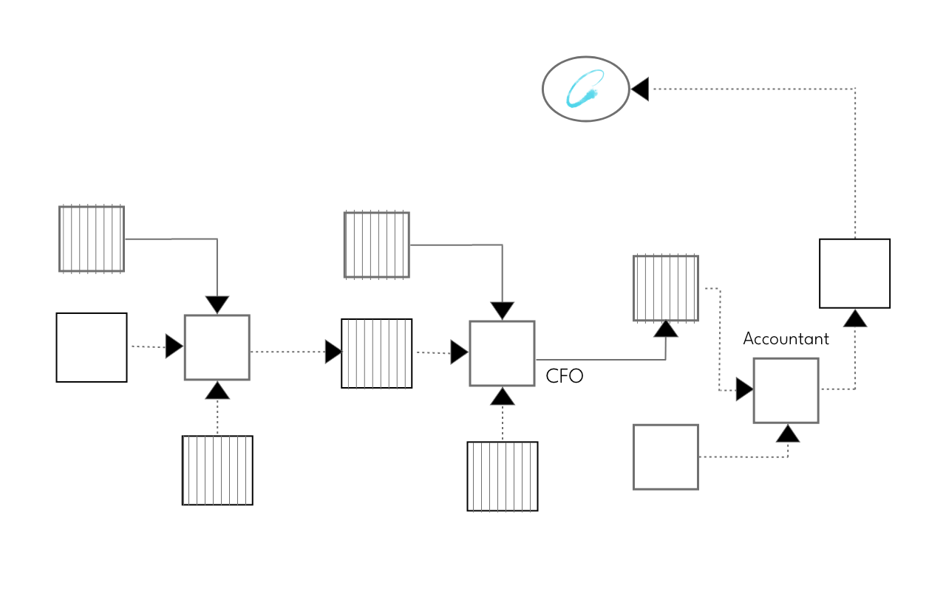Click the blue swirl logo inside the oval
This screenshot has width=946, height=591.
(585, 89)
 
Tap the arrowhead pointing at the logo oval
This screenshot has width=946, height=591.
(640, 89)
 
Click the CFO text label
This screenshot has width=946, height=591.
(564, 376)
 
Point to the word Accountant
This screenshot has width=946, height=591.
(786, 338)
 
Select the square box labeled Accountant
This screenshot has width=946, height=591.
(786, 390)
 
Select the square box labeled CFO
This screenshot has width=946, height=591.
(502, 353)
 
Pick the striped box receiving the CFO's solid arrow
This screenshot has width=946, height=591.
(665, 288)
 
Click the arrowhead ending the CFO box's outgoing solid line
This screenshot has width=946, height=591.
(666, 329)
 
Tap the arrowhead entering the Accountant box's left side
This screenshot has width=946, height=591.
(744, 389)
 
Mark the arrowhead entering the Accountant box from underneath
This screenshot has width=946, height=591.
(787, 434)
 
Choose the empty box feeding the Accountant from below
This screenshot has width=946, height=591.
(665, 457)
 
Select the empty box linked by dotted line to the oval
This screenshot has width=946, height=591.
(854, 273)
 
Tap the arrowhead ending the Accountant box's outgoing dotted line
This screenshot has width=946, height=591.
(855, 318)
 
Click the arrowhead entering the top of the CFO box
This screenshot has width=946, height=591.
(503, 311)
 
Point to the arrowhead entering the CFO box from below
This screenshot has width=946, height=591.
(503, 397)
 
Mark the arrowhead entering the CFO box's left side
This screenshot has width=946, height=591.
(460, 352)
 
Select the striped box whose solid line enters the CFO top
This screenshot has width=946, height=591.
(376, 245)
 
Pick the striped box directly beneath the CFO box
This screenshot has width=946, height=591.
(503, 476)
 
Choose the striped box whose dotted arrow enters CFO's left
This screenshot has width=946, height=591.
(376, 353)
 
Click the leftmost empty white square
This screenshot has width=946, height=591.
(92, 347)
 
